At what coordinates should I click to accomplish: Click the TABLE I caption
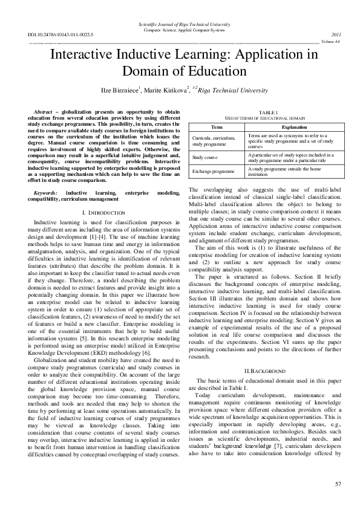267,112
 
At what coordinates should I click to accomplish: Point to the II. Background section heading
267,352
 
